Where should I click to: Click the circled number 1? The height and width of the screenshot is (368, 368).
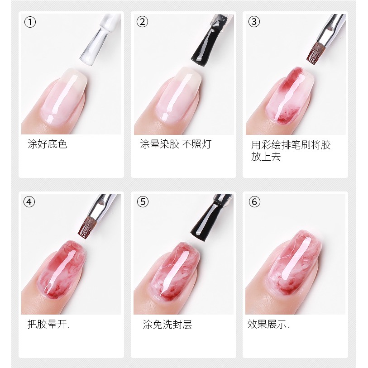click(x=30, y=22)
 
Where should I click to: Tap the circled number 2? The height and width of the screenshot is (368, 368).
click(x=142, y=22)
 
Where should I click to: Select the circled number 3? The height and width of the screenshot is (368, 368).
click(x=254, y=22)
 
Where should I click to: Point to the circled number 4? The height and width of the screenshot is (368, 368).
click(x=29, y=202)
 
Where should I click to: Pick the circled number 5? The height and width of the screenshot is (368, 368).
click(x=143, y=202)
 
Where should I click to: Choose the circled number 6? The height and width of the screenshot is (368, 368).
click(x=255, y=202)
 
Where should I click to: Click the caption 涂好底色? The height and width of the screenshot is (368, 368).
click(x=48, y=144)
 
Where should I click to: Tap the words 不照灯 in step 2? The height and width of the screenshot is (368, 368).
click(x=196, y=144)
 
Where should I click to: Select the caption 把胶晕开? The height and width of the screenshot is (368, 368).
click(x=48, y=325)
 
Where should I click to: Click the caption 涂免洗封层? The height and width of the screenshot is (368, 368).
click(x=167, y=325)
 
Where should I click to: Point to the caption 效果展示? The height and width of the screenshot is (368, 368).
click(x=268, y=324)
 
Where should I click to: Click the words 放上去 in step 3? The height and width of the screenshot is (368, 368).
click(x=266, y=157)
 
